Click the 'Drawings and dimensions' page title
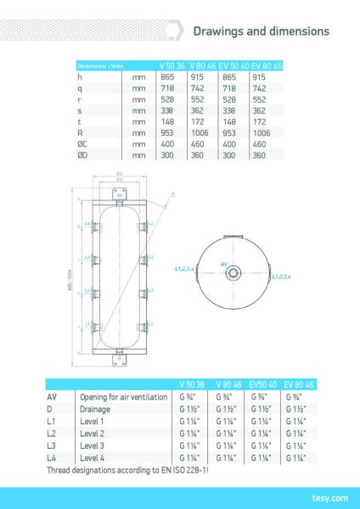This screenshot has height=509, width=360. tap(262, 31)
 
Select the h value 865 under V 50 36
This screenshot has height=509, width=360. tap(167, 76)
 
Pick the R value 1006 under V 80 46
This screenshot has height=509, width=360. tap(200, 133)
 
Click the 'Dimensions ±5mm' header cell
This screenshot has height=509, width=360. tap(100, 65)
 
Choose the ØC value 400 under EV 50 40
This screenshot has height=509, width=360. tap(228, 144)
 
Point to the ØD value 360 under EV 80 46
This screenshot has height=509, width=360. tap(259, 155)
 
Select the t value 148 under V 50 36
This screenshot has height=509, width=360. tap(167, 121)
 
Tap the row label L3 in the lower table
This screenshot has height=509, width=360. tap(51, 445)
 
